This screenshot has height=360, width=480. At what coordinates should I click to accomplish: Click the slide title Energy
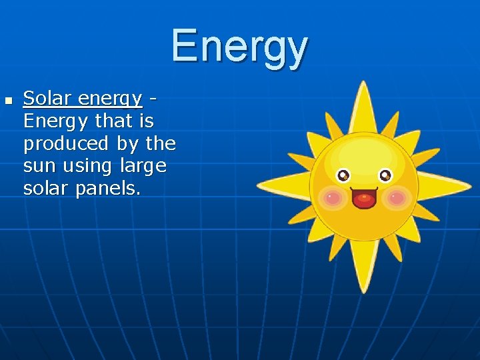coord(239,47)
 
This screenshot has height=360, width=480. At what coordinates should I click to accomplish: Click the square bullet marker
coord(8,101)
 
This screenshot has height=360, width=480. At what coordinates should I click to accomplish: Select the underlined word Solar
coord(47,99)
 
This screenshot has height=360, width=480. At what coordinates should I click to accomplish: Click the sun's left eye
coord(343,176)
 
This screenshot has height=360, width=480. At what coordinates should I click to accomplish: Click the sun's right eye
coord(385,176)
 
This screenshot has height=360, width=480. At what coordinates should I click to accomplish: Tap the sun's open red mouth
coord(364,199)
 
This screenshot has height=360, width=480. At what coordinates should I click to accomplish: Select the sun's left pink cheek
coord(331,197)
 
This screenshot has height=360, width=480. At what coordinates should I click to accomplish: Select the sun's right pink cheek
coord(397,197)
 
